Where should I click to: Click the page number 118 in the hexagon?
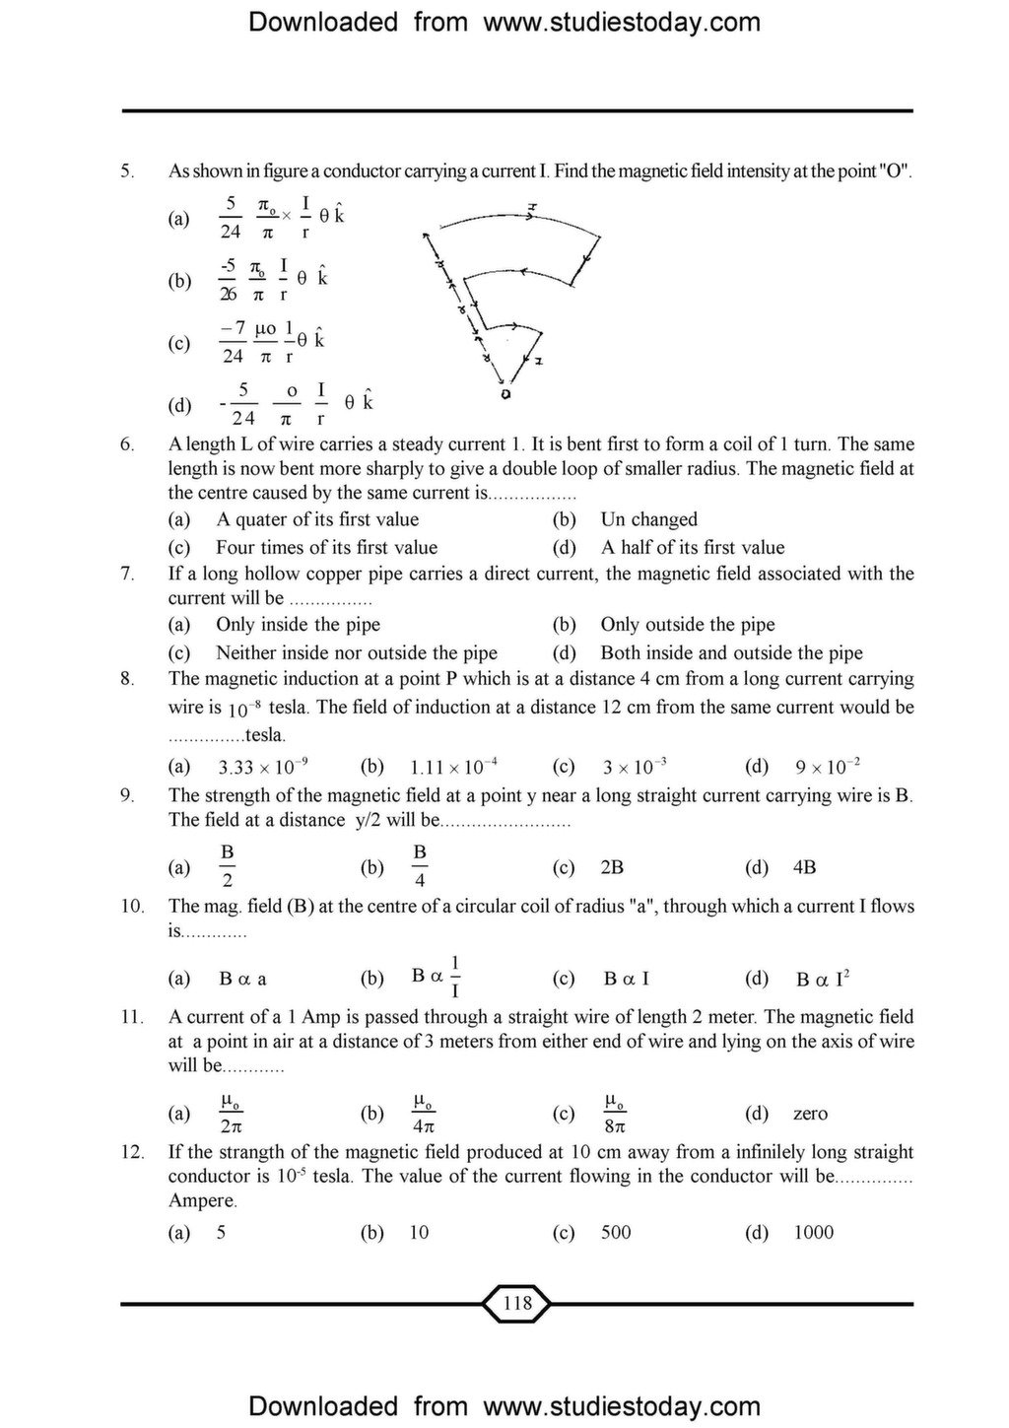pyautogui.click(x=516, y=1304)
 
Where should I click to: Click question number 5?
pyautogui.click(x=127, y=171)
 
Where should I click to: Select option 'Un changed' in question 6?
pyautogui.click(x=648, y=519)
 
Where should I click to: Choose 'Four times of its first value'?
pyautogui.click(x=326, y=547)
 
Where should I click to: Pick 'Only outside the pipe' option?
pyautogui.click(x=687, y=625)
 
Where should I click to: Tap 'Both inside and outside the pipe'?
pyautogui.click(x=731, y=652)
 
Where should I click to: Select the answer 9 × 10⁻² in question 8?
pyautogui.click(x=827, y=767)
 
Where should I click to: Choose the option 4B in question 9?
pyautogui.click(x=804, y=867)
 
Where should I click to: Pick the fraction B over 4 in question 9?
pyautogui.click(x=420, y=865)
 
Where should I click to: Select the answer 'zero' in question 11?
pyautogui.click(x=810, y=1114)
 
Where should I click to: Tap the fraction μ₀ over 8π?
pyautogui.click(x=615, y=1114)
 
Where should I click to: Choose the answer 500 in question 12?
pyautogui.click(x=616, y=1232)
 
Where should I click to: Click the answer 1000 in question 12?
pyautogui.click(x=813, y=1232)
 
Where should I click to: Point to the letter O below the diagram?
pyautogui.click(x=505, y=393)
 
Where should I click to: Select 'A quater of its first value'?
pyautogui.click(x=317, y=519)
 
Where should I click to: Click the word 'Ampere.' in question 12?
pyautogui.click(x=203, y=1200)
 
